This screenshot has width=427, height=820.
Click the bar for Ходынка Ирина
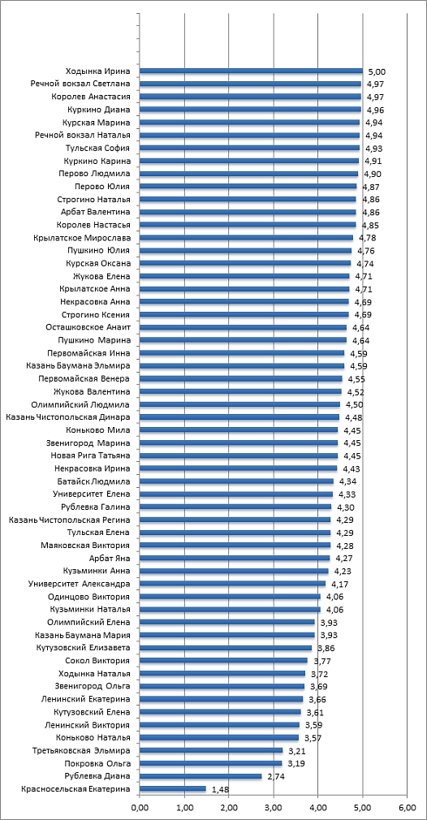pyautogui.click(x=251, y=71)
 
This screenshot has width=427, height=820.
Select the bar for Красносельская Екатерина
pyautogui.click(x=172, y=789)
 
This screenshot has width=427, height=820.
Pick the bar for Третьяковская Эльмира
pyautogui.click(x=211, y=751)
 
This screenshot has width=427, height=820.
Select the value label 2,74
pyautogui.click(x=275, y=777)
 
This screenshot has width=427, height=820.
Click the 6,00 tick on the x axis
pyautogui.click(x=408, y=809)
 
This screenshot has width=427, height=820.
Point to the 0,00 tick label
pyautogui.click(x=140, y=809)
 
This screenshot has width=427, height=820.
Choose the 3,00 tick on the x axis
pyautogui.click(x=274, y=809)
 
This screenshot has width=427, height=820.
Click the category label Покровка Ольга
pyautogui.click(x=97, y=763)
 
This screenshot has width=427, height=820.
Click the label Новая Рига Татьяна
pyautogui.click(x=90, y=456)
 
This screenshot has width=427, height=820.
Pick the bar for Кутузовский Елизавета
pyautogui.click(x=226, y=648)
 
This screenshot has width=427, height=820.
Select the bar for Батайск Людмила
pyautogui.click(x=236, y=481)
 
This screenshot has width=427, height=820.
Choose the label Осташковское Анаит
pyautogui.click(x=88, y=328)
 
